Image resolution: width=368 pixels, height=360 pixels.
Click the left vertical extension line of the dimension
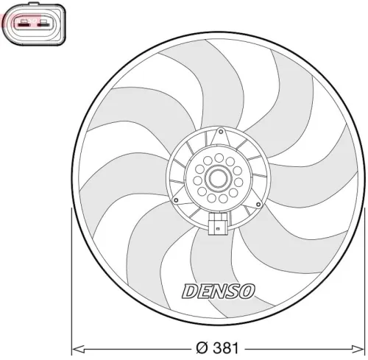click(71, 280)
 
